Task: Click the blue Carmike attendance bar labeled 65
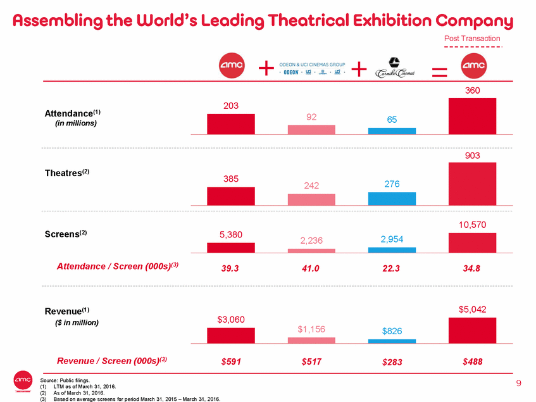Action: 392,131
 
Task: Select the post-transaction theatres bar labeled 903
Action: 471,184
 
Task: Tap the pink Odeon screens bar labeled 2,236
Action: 311,251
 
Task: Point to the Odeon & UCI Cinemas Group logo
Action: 311,68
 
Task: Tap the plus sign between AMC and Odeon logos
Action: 268,67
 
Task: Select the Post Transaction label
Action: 473,39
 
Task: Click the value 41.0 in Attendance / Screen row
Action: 311,268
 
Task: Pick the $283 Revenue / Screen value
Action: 392,362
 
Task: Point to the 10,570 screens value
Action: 471,224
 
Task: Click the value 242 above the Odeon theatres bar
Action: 311,185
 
